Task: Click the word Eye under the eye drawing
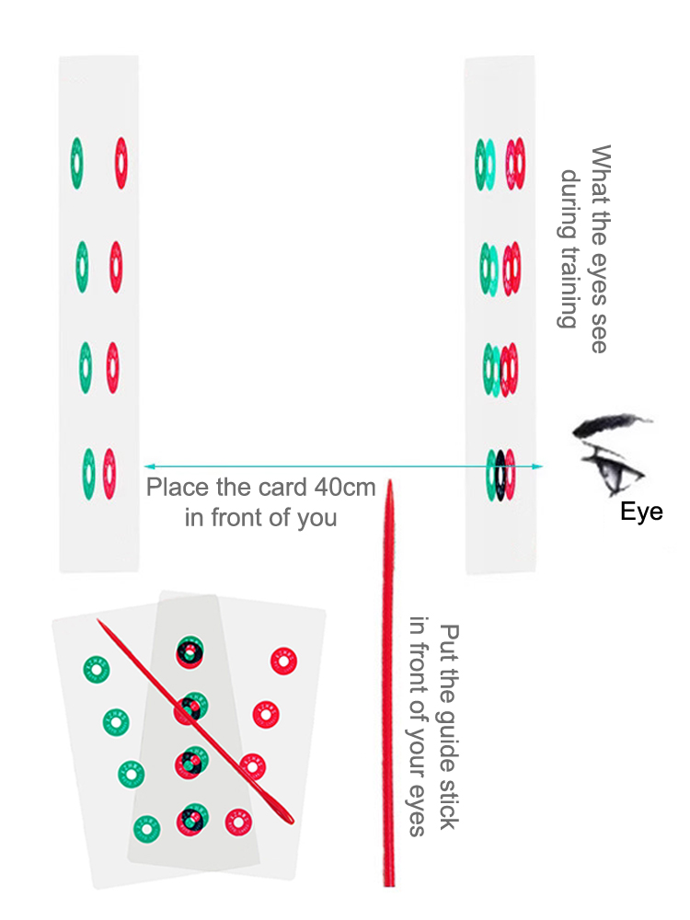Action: click(641, 512)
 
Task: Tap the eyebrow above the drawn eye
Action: click(611, 426)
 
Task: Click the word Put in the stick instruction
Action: click(448, 643)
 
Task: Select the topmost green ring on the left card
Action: click(76, 163)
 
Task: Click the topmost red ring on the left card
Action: click(121, 163)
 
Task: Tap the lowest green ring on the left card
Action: click(88, 473)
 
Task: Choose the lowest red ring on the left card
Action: click(109, 473)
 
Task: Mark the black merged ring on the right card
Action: click(500, 475)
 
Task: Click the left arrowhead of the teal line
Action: click(146, 466)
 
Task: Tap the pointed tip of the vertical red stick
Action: click(389, 482)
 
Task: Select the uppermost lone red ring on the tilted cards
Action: click(283, 661)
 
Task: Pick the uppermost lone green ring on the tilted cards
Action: click(96, 669)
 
